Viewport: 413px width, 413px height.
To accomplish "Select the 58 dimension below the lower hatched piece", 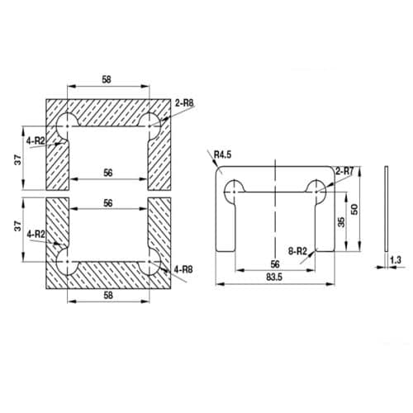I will tap(109, 295).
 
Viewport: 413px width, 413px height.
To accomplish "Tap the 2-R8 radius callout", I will tap(185, 103).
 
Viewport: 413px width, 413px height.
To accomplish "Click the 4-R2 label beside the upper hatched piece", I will tap(36, 141).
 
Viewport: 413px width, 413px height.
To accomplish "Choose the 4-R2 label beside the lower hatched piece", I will tap(36, 235).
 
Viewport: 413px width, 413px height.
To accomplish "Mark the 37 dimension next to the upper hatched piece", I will tap(17, 159).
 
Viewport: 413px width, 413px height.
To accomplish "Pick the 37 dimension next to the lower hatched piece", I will tap(17, 226).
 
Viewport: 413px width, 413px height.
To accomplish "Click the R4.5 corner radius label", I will tap(222, 154).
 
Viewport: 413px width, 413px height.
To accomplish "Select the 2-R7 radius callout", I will tap(345, 170).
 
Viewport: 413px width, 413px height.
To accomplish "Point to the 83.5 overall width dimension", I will tap(276, 278).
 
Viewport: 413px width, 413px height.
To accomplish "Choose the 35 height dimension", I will tap(339, 221).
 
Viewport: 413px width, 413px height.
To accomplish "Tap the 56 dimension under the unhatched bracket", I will tap(276, 263).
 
